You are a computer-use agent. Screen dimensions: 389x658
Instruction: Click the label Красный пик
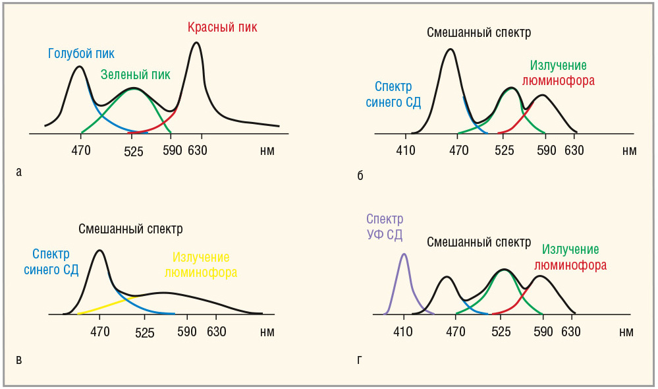click(222, 27)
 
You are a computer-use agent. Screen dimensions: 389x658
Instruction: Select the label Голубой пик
click(82, 54)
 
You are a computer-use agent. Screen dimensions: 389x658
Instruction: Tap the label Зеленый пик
click(136, 75)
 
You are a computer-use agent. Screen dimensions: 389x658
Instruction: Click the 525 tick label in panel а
click(134, 152)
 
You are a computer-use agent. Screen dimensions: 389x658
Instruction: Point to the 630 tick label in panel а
click(198, 150)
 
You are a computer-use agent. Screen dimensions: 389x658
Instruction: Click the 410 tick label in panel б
click(406, 150)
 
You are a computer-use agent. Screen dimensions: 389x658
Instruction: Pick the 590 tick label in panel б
click(546, 150)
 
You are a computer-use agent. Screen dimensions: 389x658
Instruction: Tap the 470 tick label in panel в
click(99, 332)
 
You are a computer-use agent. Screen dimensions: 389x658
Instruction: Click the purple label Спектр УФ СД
click(385, 227)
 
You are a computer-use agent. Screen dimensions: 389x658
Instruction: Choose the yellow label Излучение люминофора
click(201, 265)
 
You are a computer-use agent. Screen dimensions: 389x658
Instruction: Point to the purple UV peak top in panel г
click(404, 254)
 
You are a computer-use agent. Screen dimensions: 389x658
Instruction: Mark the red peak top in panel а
click(196, 44)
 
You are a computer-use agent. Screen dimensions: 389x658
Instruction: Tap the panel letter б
click(360, 175)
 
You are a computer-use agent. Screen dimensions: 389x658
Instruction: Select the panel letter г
click(359, 359)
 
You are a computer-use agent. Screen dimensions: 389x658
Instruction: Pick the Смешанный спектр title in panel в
click(130, 229)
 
